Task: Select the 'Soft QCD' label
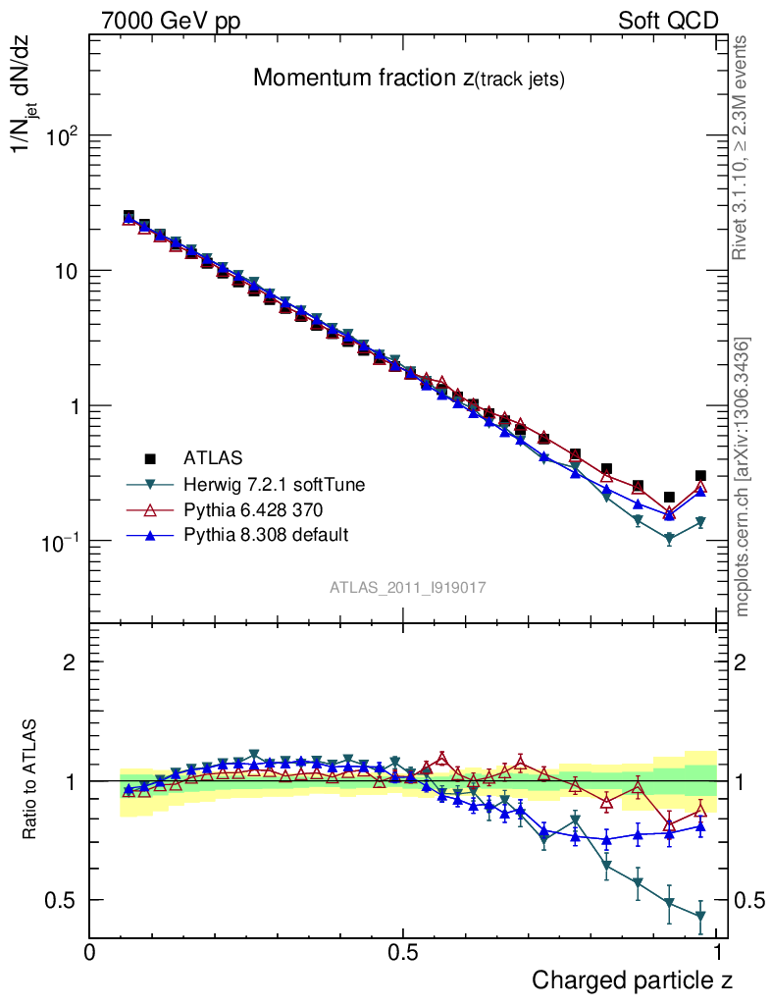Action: pyautogui.click(x=668, y=21)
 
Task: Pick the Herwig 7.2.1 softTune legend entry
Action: pyautogui.click(x=267, y=484)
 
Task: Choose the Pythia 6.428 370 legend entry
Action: pyautogui.click(x=253, y=509)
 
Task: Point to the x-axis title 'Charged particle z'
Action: pyautogui.click(x=632, y=979)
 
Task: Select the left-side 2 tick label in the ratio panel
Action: pyautogui.click(x=70, y=662)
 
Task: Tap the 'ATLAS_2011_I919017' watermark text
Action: pyautogui.click(x=407, y=587)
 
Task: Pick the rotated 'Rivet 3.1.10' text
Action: pyautogui.click(x=741, y=147)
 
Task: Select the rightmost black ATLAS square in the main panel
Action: pyautogui.click(x=700, y=476)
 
